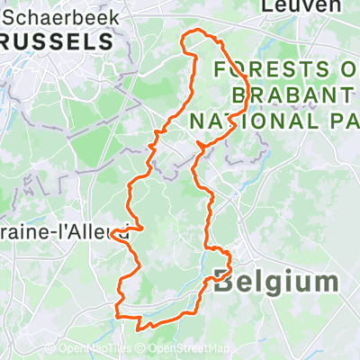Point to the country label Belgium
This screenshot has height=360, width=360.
[x=276, y=282]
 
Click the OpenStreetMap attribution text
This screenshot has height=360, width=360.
[x=188, y=349]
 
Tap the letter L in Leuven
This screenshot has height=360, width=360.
[x=266, y=6]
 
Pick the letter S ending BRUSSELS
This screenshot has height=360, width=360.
[x=108, y=41]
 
